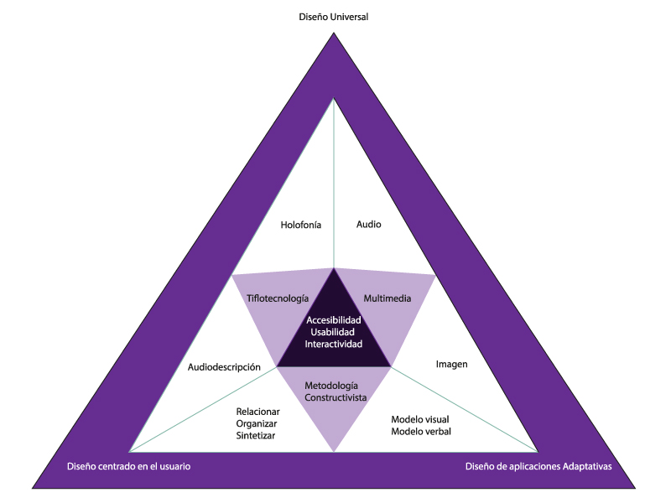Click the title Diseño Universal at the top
[x=334, y=17]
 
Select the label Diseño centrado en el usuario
[x=128, y=466]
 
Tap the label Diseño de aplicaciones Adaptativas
[x=538, y=466]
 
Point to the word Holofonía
[x=301, y=225]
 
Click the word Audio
[x=369, y=225]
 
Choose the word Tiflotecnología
[x=278, y=298]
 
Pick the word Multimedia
[x=387, y=298]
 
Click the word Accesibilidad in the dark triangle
[x=334, y=320]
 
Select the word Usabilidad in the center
[x=334, y=333]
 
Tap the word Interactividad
[x=334, y=345]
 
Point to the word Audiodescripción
[x=225, y=367]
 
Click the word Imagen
[x=452, y=365]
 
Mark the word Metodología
[x=335, y=386]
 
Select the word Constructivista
[x=335, y=398]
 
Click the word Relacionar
[x=257, y=412]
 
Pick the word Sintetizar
[x=256, y=436]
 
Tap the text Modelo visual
[x=420, y=419]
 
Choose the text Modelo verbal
[x=421, y=432]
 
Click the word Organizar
[x=257, y=424]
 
